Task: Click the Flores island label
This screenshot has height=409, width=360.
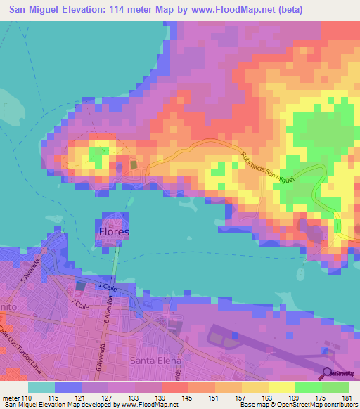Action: pyautogui.click(x=112, y=231)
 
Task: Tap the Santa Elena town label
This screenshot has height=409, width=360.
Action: pyautogui.click(x=156, y=361)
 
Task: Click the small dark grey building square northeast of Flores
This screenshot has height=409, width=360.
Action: pyautogui.click(x=134, y=164)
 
